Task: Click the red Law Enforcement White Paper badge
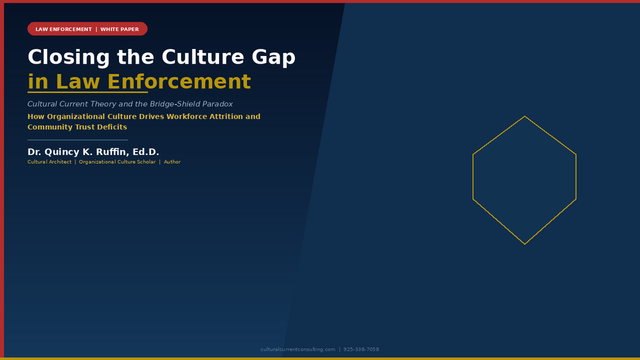pyautogui.click(x=87, y=29)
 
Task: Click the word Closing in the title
pyautogui.click(x=69, y=57)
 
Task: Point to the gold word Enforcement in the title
pyautogui.click(x=179, y=82)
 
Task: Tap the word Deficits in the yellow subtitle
pyautogui.click(x=112, y=127)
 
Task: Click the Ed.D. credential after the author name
pyautogui.click(x=146, y=152)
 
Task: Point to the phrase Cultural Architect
pyautogui.click(x=50, y=162)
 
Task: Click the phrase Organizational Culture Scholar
pyautogui.click(x=117, y=162)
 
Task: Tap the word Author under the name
pyautogui.click(x=172, y=162)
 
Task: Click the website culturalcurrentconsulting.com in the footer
pyautogui.click(x=298, y=349)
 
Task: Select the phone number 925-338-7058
pyautogui.click(x=361, y=349)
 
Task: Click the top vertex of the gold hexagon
pyautogui.click(x=525, y=117)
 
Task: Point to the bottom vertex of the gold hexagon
pyautogui.click(x=525, y=244)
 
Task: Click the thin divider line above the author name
pyautogui.click(x=78, y=140)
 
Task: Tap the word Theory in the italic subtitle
pyautogui.click(x=105, y=104)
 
